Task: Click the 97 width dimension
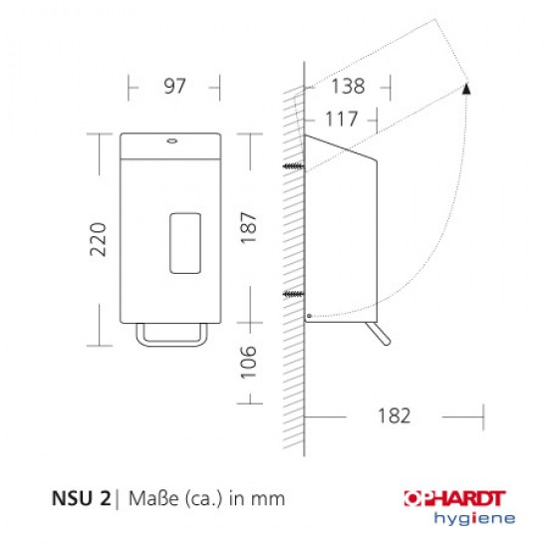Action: [x=174, y=88]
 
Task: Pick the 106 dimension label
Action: [x=249, y=364]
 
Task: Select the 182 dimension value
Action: [x=395, y=415]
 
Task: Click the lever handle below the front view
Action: [x=175, y=338]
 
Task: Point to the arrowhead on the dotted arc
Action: [x=467, y=89]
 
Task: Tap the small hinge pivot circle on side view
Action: [x=309, y=317]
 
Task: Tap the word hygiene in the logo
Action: [x=476, y=517]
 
